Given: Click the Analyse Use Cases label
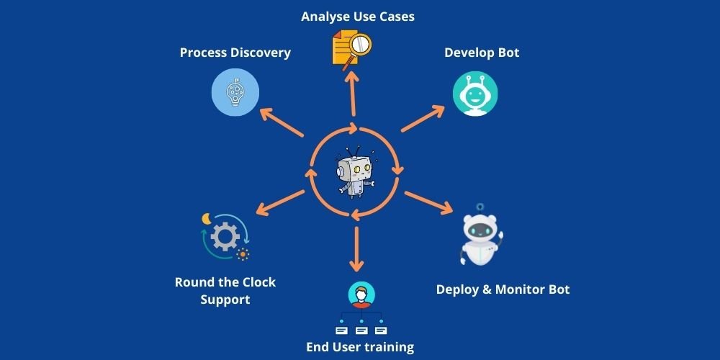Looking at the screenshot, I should point(358,16).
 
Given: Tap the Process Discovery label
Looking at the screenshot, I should point(235,53).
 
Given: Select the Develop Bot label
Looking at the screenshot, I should point(482,53).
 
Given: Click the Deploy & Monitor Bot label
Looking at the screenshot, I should point(503,289).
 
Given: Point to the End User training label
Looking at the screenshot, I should point(360,347).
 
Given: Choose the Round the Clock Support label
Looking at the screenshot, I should point(225,290).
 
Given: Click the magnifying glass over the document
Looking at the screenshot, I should point(358,45).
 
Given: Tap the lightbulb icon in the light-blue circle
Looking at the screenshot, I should point(234,92).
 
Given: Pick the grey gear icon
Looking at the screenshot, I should point(225,237).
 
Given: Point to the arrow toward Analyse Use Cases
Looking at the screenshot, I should point(353,93).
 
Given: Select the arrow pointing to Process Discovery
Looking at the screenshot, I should point(282,122).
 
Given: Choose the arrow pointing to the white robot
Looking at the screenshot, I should point(429,203).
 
